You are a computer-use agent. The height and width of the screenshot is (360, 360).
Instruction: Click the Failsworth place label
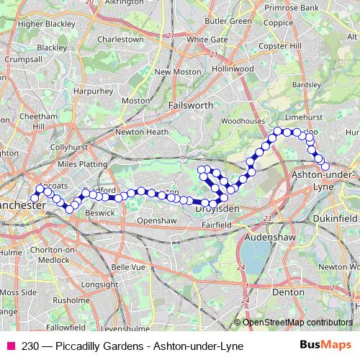click(x=190, y=104)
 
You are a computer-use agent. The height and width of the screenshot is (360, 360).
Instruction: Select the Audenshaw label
click(x=268, y=235)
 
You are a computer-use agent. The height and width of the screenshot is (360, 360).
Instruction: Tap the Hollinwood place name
click(x=233, y=68)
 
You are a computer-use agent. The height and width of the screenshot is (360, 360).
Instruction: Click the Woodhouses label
click(x=243, y=122)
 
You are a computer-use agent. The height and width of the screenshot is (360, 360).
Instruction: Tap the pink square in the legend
click(x=10, y=346)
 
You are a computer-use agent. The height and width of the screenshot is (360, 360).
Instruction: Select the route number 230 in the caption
click(x=30, y=346)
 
